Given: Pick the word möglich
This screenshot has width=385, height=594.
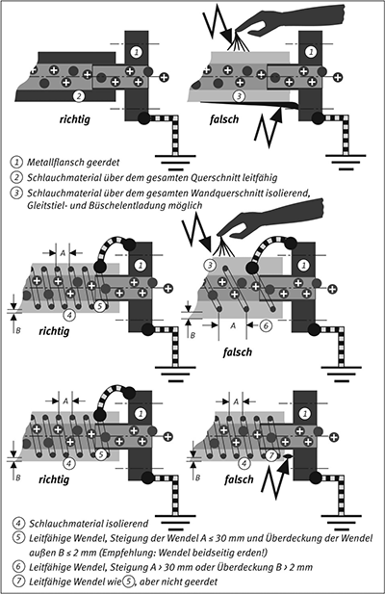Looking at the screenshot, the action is [x=187, y=206].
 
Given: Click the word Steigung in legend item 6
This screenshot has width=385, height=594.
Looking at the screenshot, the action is [x=127, y=567].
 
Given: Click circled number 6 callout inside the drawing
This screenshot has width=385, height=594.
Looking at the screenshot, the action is [x=266, y=325].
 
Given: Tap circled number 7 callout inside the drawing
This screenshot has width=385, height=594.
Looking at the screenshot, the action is [x=271, y=455].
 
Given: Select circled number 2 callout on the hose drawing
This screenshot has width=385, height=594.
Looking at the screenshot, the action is [x=79, y=96].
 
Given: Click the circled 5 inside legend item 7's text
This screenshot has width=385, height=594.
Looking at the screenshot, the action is [x=130, y=581].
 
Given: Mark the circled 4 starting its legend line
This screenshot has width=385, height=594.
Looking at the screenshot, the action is [x=18, y=524].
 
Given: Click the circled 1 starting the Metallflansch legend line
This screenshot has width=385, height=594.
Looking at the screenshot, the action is [x=16, y=163].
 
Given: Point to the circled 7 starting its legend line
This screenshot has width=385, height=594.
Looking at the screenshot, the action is [x=18, y=581].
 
